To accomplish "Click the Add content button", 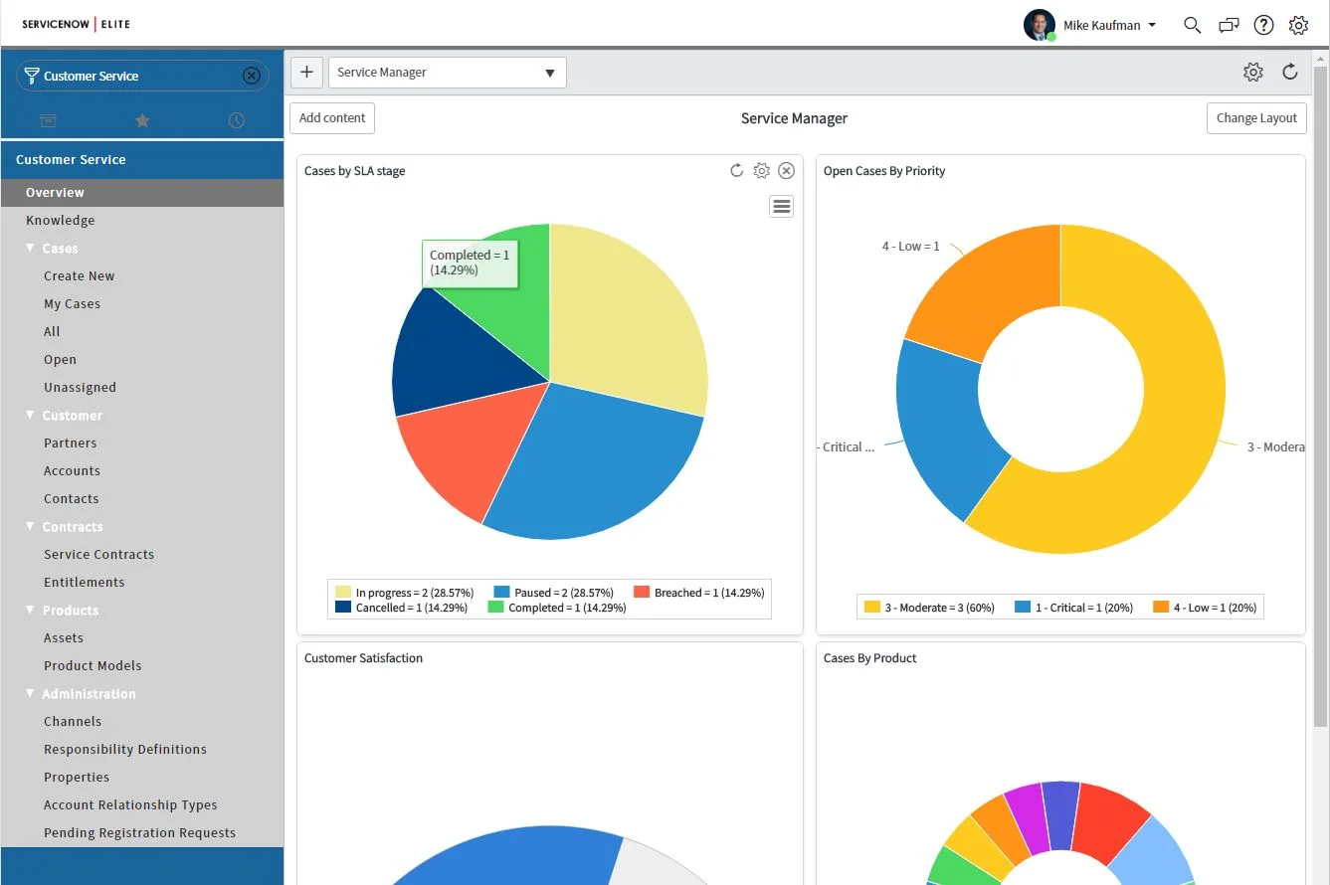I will [x=332, y=117].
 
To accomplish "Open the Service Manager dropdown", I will [x=447, y=73].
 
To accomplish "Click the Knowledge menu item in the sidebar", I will [x=61, y=221].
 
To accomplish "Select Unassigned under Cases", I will [x=80, y=388].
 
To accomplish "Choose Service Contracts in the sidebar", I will [x=98, y=555].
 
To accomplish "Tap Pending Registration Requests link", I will [x=139, y=833].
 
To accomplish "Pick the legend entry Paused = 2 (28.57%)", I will [x=553, y=593].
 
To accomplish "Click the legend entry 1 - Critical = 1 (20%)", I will [x=1073, y=608].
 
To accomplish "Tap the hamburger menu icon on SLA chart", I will [x=781, y=206].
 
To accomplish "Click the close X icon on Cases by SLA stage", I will [x=786, y=171].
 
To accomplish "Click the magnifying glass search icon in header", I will [x=1192, y=25].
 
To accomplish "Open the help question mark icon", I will [x=1263, y=25].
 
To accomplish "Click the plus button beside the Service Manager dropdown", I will [x=306, y=73].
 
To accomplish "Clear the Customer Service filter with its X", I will [x=252, y=76].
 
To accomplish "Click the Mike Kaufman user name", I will [x=1102, y=26].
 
